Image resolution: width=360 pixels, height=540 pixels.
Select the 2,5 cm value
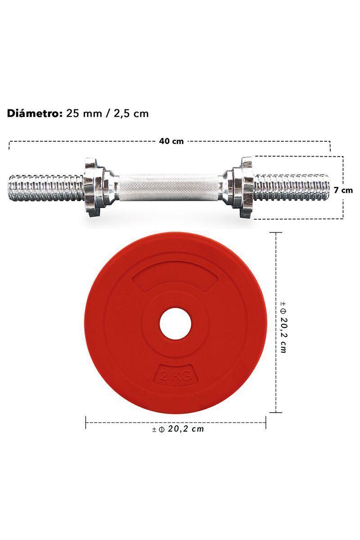[x=130, y=113]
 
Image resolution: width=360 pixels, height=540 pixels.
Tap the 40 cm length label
[x=171, y=141]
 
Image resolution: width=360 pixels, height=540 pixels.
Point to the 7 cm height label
[x=346, y=190]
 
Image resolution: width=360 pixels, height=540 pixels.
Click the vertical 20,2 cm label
[x=283, y=327]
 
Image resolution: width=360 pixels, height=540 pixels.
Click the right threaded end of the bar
[x=292, y=187]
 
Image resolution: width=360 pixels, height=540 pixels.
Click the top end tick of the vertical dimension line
[x=275, y=233]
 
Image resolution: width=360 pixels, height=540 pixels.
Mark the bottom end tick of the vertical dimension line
[x=275, y=412]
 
